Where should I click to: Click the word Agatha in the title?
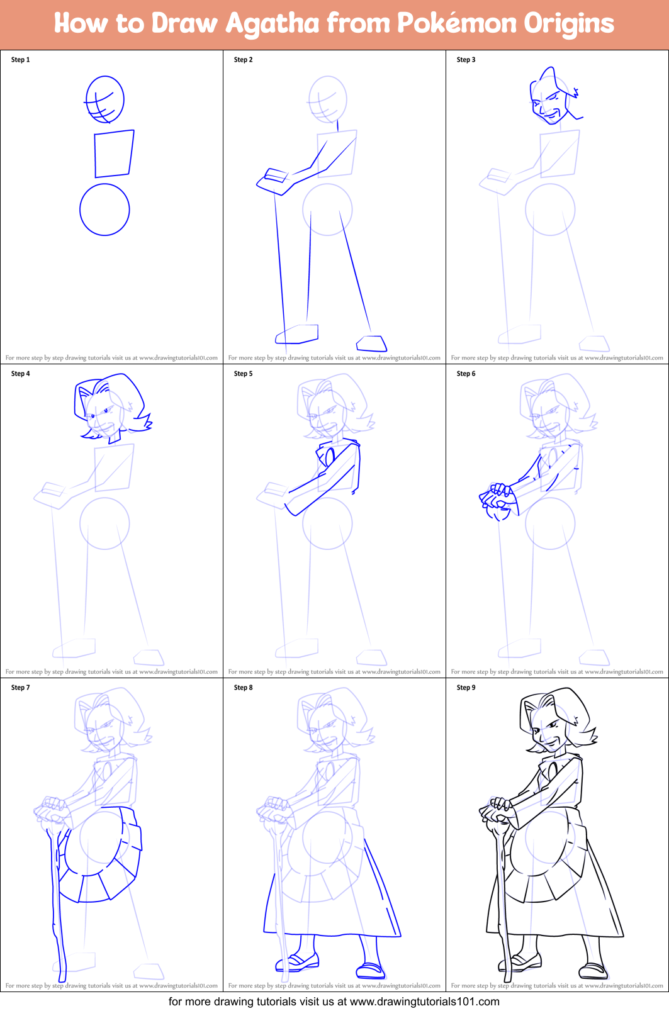pyautogui.click(x=272, y=24)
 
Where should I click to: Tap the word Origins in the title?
pyautogui.click(x=569, y=24)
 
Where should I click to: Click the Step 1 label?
pyautogui.click(x=20, y=60)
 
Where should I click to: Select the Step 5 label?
pyautogui.click(x=243, y=374)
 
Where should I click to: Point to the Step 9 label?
pyautogui.click(x=466, y=688)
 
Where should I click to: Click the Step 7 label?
pyautogui.click(x=20, y=688)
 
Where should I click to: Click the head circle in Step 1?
pyautogui.click(x=104, y=99)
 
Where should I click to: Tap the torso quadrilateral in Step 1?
pyautogui.click(x=113, y=154)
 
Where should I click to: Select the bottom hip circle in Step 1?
pyautogui.click(x=104, y=209)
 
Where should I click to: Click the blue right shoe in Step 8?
pyautogui.click(x=371, y=970)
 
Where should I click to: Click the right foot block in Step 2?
pyautogui.click(x=371, y=343)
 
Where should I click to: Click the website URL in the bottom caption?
pyautogui.click(x=424, y=1002)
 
